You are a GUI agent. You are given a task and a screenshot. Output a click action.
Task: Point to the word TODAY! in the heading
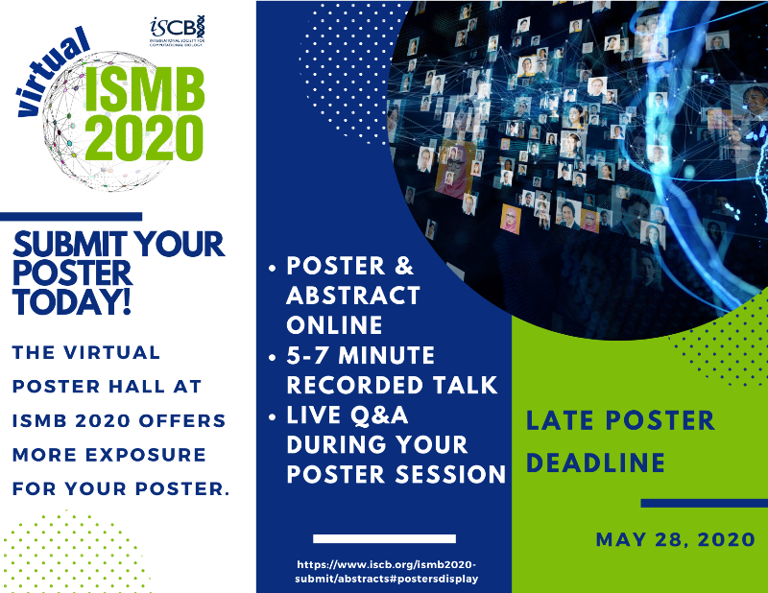point(72,301)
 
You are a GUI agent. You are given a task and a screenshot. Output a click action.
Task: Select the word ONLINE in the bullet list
point(332,324)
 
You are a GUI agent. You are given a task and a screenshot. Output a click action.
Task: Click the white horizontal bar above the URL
point(384,538)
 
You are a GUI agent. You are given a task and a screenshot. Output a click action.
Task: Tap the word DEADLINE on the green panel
point(596,463)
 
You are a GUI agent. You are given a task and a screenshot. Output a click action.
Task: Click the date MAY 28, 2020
point(675,539)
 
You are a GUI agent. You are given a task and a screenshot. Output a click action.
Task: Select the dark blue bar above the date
point(703,503)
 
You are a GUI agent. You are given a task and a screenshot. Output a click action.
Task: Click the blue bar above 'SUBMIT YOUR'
point(71,217)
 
